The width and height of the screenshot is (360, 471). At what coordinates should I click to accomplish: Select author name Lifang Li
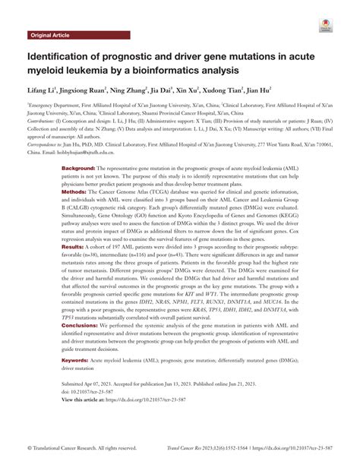45,90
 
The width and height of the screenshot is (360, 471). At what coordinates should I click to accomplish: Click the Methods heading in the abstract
73,193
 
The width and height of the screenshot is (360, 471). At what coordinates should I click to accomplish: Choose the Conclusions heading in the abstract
80,346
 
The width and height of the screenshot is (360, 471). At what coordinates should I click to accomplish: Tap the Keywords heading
74,381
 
